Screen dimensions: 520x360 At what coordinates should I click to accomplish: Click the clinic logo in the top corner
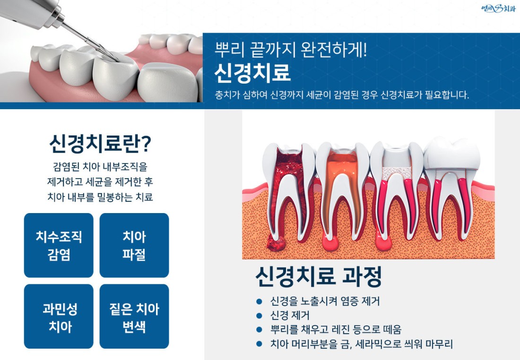pos(498,9)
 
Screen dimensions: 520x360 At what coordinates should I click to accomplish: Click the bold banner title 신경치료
pos(252,73)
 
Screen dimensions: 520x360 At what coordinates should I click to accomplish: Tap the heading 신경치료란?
pos(100,144)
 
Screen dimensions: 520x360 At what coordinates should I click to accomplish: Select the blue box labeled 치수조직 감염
pos(59,245)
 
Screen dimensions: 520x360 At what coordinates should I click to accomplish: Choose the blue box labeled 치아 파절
pos(134,245)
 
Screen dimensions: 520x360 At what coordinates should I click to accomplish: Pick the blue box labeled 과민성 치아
pos(59,316)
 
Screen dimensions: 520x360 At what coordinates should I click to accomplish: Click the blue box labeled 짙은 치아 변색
pos(134,316)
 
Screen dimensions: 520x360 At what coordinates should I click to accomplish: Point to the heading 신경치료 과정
pos(319,276)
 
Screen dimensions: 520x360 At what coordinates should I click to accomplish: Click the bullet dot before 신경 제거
pos(260,315)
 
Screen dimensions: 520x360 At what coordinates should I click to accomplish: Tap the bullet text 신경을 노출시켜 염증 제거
pos(325,301)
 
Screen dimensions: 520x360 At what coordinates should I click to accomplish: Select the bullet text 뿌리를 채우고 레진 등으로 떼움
pos(336,329)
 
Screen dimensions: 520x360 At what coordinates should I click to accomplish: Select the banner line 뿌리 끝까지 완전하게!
pos(291,50)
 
